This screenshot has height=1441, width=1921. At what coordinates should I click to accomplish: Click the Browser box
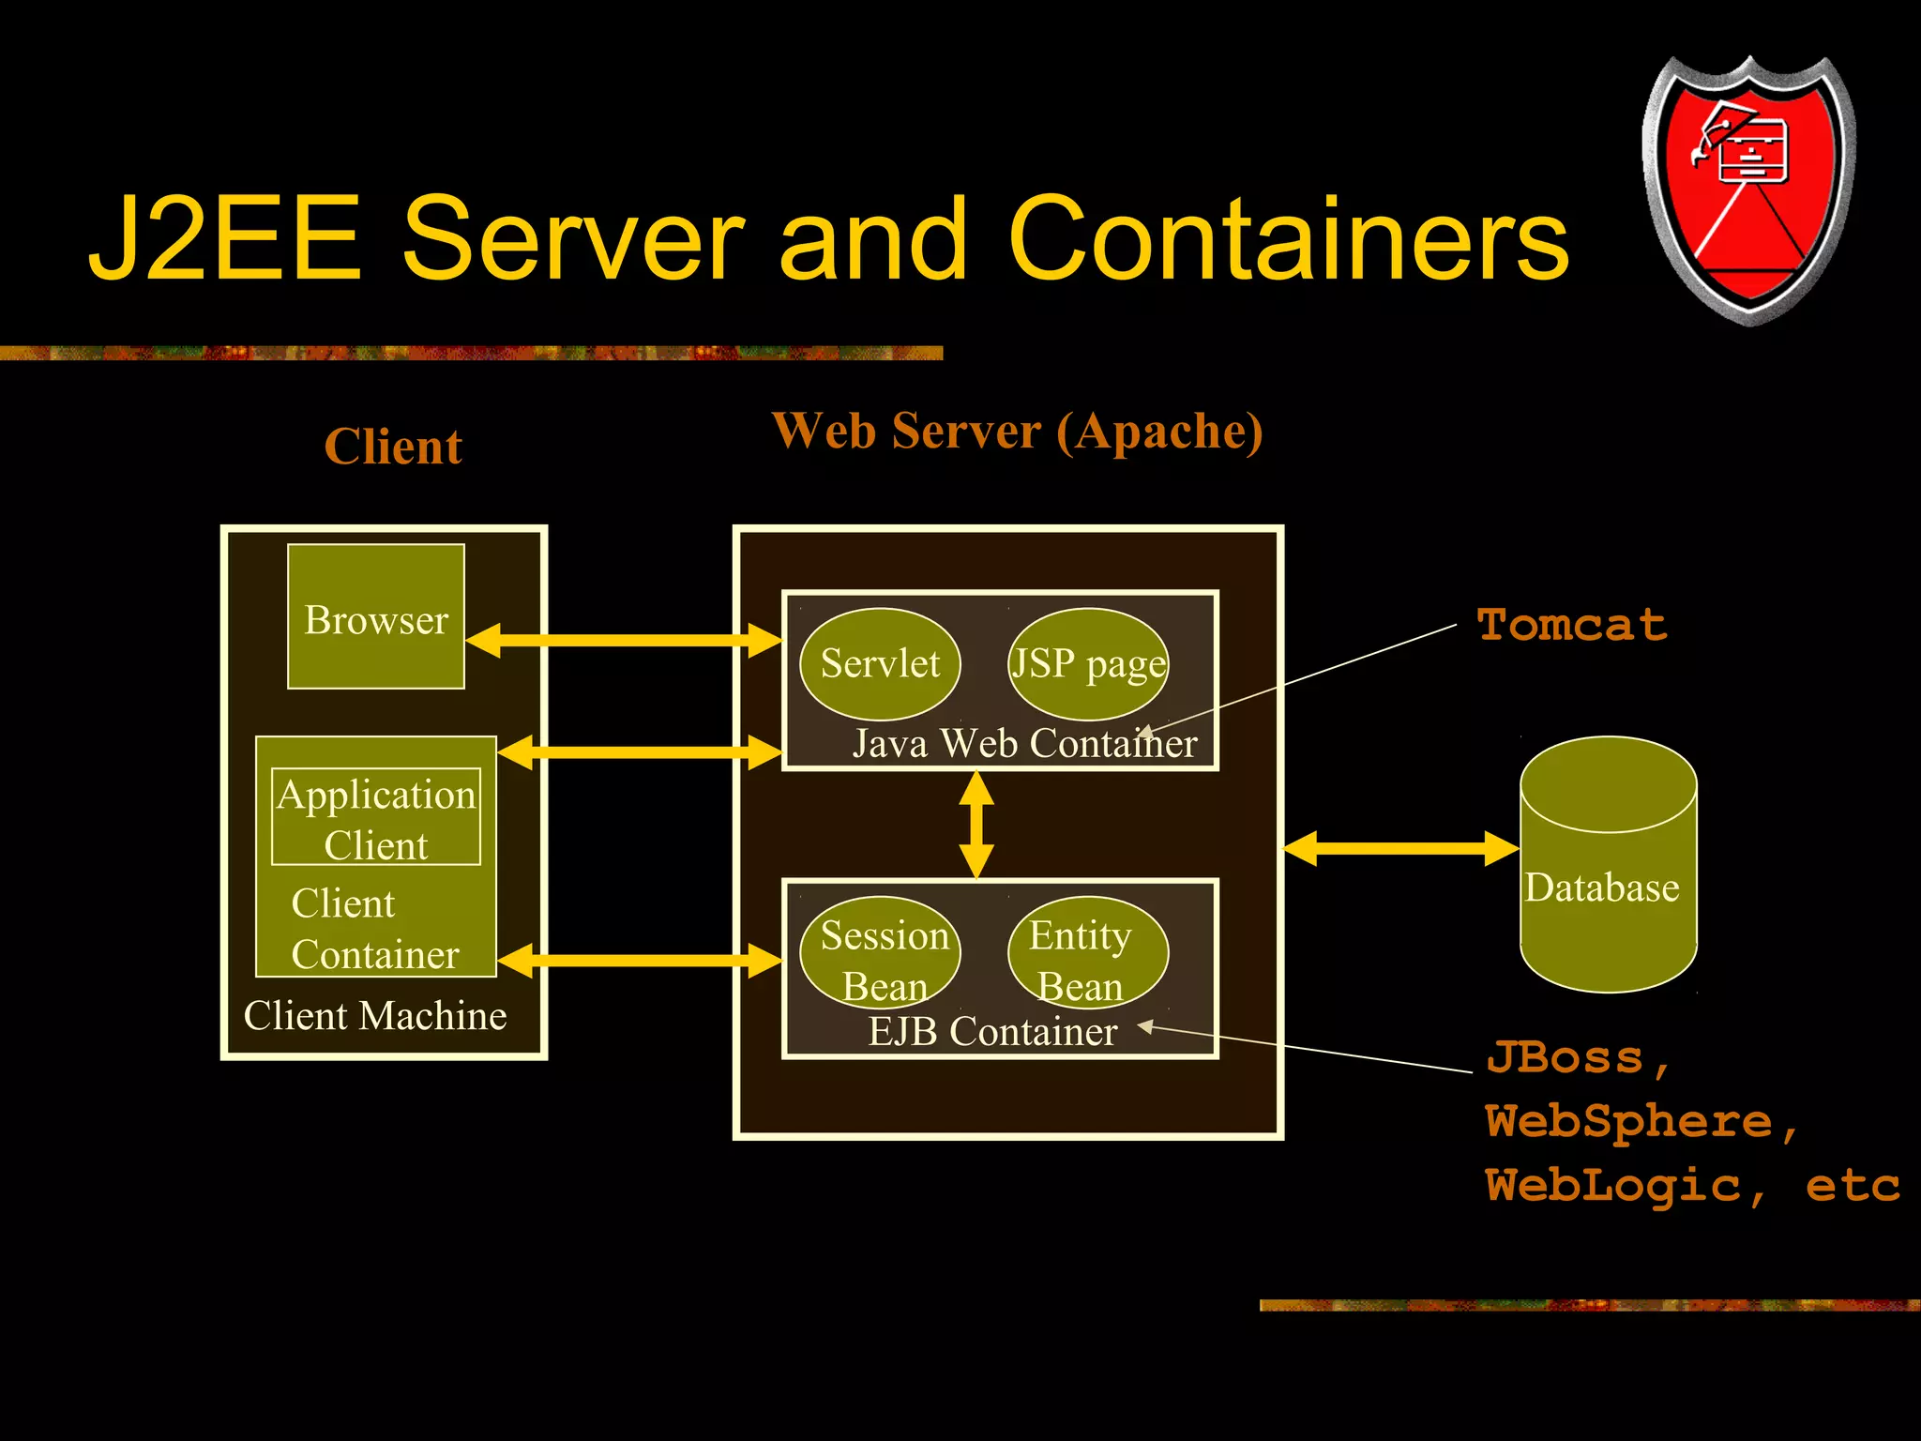tap(375, 617)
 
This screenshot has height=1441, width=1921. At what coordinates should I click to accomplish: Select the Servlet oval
tap(880, 664)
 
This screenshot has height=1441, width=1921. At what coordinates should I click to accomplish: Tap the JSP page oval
tap(1088, 664)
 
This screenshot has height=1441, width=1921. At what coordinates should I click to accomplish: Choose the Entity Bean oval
tap(1088, 953)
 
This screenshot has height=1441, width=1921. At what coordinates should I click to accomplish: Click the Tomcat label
tap(1572, 625)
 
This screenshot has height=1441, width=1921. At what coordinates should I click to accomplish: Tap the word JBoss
tap(1565, 1058)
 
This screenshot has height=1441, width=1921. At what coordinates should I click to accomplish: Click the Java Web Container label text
tap(1024, 744)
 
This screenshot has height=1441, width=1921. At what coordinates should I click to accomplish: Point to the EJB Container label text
tap(992, 1032)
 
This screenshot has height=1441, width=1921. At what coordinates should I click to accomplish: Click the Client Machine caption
tap(375, 1016)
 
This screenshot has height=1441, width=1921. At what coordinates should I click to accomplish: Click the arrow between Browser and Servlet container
tap(624, 641)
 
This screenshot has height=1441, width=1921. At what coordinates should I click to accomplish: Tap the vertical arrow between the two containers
tap(976, 825)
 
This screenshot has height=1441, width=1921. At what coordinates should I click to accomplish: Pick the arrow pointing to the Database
tap(1400, 848)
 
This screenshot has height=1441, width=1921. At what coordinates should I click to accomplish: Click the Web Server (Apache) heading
tap(1018, 432)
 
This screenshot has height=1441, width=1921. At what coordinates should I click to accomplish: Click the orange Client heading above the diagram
tap(393, 447)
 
